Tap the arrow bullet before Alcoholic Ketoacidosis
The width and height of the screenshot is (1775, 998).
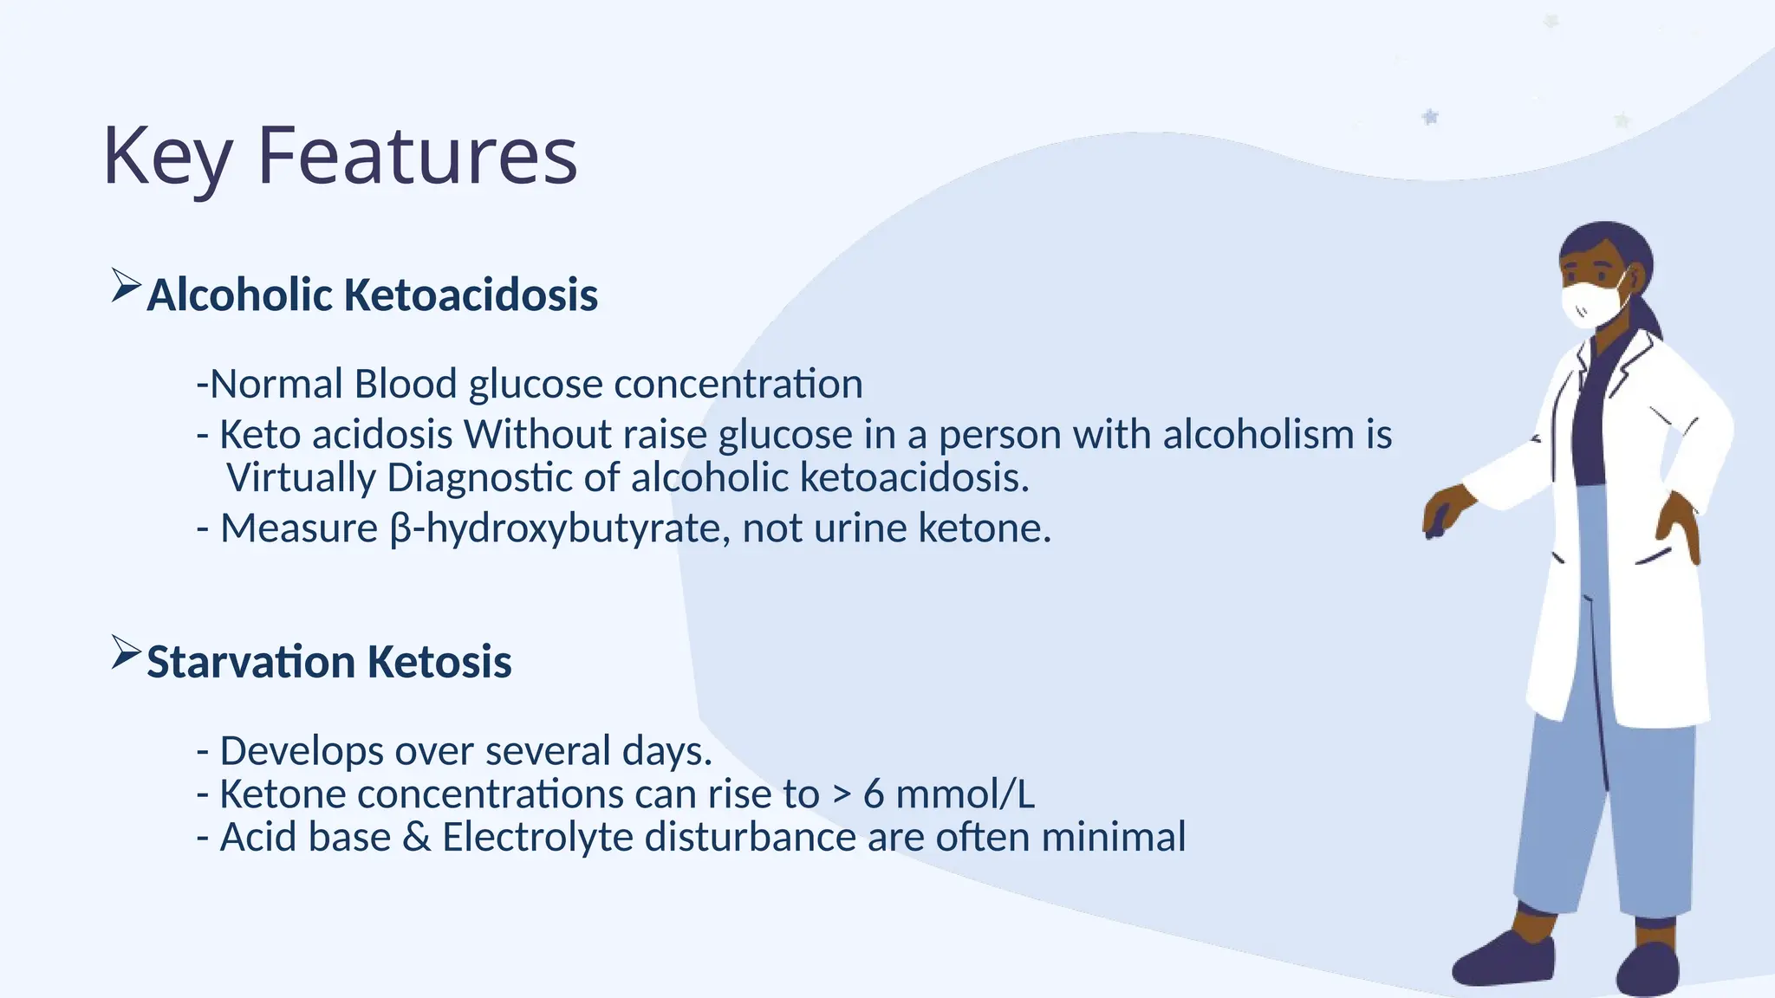click(x=126, y=285)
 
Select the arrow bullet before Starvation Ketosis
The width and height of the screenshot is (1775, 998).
click(x=126, y=652)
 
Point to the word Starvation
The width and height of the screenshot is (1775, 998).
click(x=250, y=662)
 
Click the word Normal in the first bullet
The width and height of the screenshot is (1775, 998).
click(x=276, y=384)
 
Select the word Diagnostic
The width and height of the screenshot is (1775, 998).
click(x=479, y=477)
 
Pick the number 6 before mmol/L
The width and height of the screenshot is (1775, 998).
click(x=873, y=794)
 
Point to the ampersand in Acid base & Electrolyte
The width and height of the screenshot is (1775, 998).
click(x=416, y=837)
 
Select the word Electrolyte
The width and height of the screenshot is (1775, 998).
click(x=537, y=838)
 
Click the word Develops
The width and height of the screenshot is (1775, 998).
click(x=301, y=751)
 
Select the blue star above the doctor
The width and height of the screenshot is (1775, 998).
click(x=1430, y=116)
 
